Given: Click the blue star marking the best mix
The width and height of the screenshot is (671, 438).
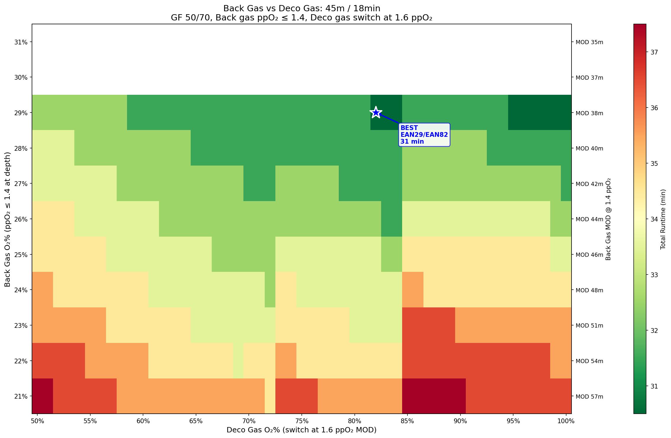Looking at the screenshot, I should pyautogui.click(x=376, y=113).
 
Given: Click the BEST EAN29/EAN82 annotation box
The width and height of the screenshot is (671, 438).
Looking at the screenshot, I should pyautogui.click(x=424, y=135).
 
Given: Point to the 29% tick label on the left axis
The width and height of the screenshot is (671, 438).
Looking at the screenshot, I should pyautogui.click(x=21, y=113).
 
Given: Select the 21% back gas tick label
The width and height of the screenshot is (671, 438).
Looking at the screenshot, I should pyautogui.click(x=21, y=396).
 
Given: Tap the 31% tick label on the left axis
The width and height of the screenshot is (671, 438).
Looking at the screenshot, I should pyautogui.click(x=21, y=42).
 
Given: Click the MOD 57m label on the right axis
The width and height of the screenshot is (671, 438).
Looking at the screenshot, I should pyautogui.click(x=589, y=397).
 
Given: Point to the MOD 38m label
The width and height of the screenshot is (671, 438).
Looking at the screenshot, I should pyautogui.click(x=589, y=113).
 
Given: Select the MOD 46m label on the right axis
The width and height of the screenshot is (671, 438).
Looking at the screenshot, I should pyautogui.click(x=589, y=255).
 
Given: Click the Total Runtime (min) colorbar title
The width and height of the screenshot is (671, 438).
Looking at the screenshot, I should pyautogui.click(x=663, y=219).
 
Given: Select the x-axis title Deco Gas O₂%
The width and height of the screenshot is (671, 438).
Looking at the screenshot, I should pyautogui.click(x=301, y=430).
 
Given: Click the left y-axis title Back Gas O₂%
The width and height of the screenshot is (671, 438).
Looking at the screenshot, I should pyautogui.click(x=8, y=219).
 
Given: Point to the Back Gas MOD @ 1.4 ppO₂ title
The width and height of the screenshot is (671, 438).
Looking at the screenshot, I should pyautogui.click(x=608, y=219).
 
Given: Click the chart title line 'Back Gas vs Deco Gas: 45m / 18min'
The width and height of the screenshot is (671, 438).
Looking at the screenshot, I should pyautogui.click(x=301, y=8).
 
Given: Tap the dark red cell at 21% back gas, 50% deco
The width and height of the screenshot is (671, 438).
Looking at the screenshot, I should pyautogui.click(x=42, y=396).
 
